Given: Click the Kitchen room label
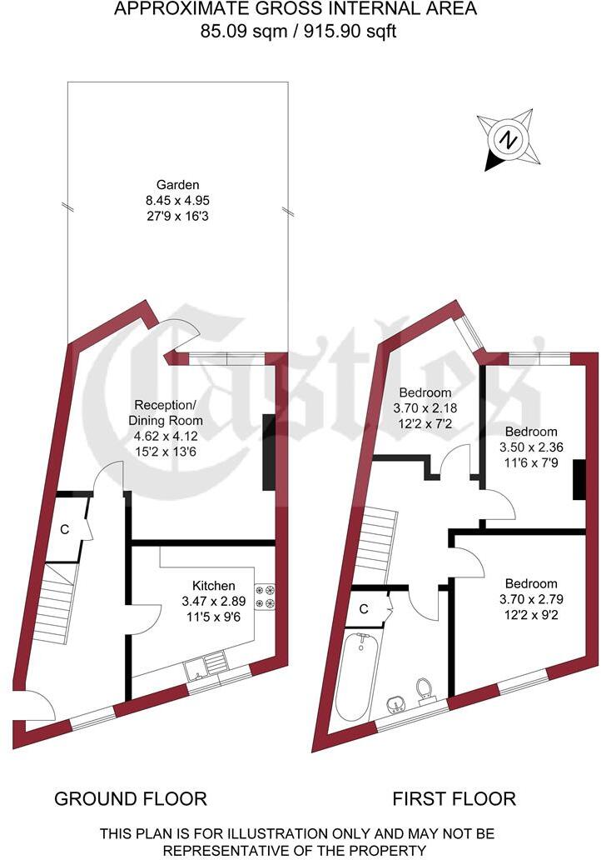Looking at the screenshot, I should (213, 586).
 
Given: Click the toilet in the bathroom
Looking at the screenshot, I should (425, 688).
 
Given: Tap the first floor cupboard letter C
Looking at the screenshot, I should (364, 609).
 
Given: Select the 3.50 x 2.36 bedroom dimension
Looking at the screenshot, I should (530, 447).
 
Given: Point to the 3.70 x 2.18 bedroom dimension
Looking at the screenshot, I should (425, 408).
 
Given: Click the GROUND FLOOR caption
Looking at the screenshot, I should (131, 799).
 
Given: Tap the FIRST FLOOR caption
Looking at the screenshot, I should (454, 799).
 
